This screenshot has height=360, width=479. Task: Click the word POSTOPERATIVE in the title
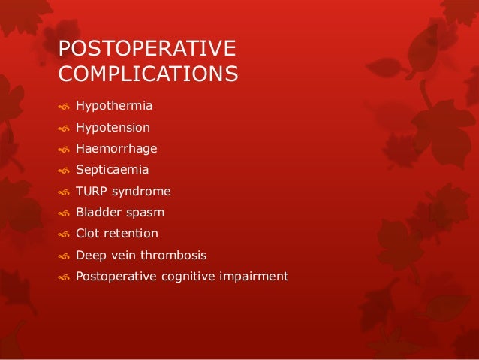(147, 49)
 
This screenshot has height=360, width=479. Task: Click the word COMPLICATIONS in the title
(149, 75)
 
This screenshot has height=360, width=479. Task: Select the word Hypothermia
(113, 107)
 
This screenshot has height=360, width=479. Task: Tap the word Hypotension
(113, 128)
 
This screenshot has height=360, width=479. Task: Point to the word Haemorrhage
(116, 149)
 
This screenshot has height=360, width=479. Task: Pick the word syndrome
(142, 192)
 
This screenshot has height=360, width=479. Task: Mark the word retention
(131, 233)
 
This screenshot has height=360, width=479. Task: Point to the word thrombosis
(173, 255)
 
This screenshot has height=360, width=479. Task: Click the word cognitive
(186, 276)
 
